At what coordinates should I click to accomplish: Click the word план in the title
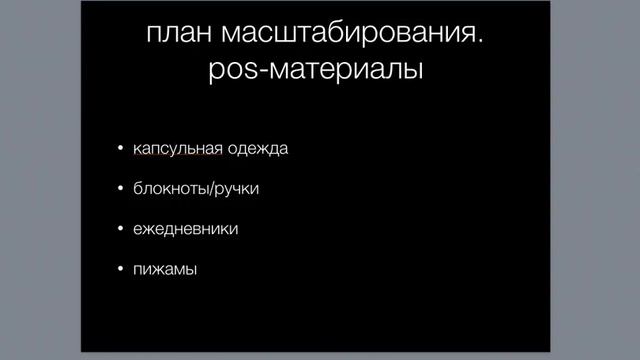point(176,37)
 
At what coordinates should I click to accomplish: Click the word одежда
point(257,149)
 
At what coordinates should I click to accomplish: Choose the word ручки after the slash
point(238,189)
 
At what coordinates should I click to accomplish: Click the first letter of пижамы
point(138,269)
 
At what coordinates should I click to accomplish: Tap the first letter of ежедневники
point(138,229)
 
